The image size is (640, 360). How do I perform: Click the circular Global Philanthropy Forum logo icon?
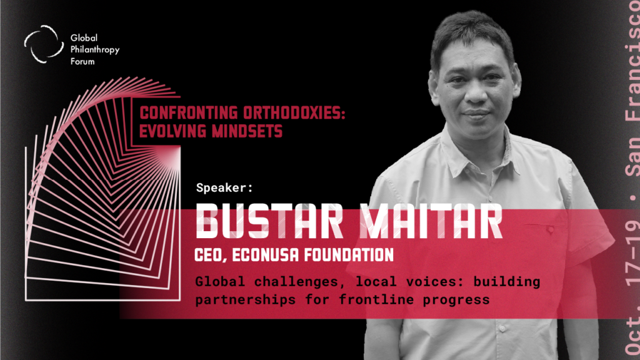tap(44, 44)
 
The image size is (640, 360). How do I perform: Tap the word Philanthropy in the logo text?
tap(95, 50)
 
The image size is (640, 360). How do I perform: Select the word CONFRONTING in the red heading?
tap(189, 112)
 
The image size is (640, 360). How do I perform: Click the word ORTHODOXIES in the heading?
tap(294, 112)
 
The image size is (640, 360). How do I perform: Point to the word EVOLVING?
tap(172, 131)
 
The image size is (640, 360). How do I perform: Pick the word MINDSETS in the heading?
tap(247, 131)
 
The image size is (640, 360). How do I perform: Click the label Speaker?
tap(224, 187)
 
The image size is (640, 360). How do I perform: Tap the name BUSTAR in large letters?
tap(269, 221)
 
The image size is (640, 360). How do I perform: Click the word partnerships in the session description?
tap(245, 300)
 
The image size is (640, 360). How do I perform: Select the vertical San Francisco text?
tap(632, 88)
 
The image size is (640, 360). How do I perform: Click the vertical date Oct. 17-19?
tap(632, 286)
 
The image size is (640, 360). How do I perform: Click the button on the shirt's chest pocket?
tap(551, 230)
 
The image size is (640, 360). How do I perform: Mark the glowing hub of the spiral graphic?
tap(174, 155)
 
